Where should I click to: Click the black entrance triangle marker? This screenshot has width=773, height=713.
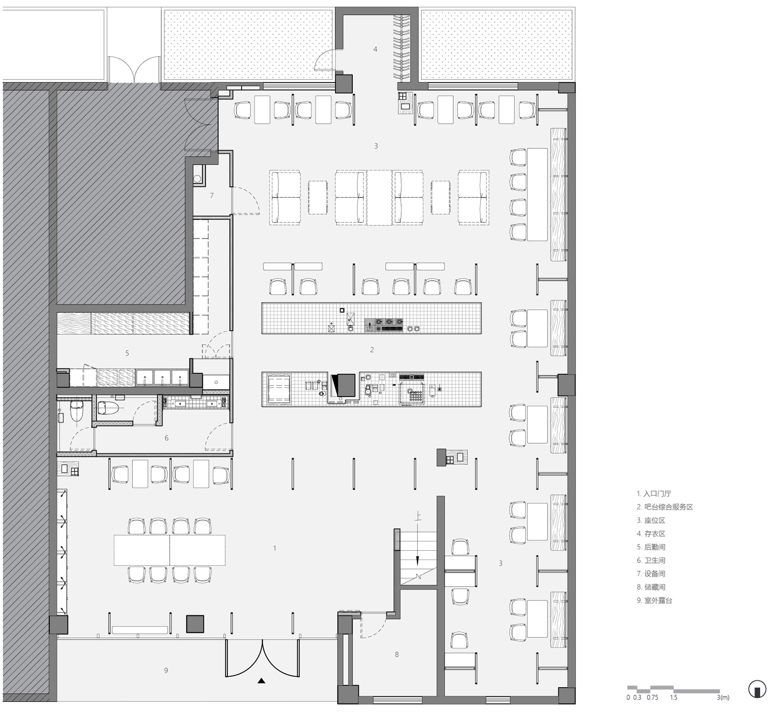click(261, 681)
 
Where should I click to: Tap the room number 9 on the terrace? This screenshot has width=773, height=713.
click(166, 670)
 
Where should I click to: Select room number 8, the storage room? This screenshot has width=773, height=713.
click(397, 655)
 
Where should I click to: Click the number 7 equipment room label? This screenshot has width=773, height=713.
click(211, 196)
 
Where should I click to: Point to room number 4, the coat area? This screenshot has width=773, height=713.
click(375, 49)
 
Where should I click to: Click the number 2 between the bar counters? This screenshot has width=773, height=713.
click(372, 350)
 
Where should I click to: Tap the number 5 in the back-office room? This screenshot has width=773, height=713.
click(127, 353)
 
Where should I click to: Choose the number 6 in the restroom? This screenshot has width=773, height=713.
click(166, 438)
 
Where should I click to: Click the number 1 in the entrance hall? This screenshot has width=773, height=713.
click(275, 548)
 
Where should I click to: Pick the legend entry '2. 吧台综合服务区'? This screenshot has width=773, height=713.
click(665, 507)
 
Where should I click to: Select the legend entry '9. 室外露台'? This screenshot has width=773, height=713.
click(654, 600)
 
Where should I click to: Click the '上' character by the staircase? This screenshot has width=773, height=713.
click(417, 516)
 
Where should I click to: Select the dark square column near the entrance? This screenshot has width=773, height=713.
click(195, 624)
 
